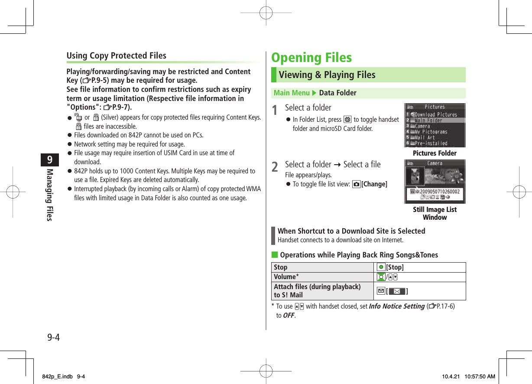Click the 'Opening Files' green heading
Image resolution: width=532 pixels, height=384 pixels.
pyautogui.click(x=311, y=58)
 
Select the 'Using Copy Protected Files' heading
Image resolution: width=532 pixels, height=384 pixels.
pyautogui.click(x=116, y=55)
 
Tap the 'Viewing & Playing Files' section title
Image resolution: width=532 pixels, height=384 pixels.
pyautogui.click(x=327, y=75)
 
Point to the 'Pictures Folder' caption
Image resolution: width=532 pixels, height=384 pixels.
pyautogui.click(x=435, y=153)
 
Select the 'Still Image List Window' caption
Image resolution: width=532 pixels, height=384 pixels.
pyautogui.click(x=435, y=213)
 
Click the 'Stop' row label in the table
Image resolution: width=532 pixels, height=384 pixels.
pyautogui.click(x=281, y=267)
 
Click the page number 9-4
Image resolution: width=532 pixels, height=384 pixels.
pyautogui.click(x=53, y=337)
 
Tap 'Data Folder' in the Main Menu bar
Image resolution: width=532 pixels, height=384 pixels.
pyautogui.click(x=337, y=93)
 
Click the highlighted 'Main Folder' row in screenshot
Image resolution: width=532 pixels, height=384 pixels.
pyautogui.click(x=435, y=120)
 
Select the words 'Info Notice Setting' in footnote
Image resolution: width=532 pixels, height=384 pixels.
pyautogui.click(x=396, y=306)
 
